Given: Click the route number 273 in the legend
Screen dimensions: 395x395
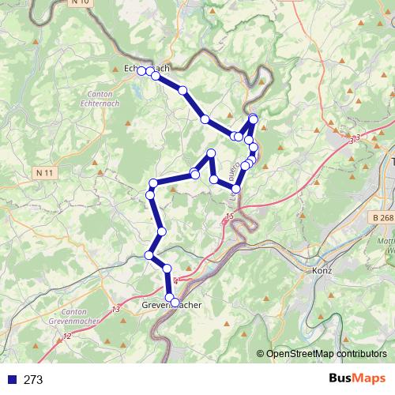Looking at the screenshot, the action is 33,380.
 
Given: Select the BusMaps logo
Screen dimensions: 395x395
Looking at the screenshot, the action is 358,379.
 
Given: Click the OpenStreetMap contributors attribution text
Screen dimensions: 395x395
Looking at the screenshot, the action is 327,355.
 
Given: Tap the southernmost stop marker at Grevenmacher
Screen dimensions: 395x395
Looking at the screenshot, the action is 175,303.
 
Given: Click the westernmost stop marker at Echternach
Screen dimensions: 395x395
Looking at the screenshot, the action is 142,71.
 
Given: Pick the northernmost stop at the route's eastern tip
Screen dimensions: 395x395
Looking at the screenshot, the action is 254,118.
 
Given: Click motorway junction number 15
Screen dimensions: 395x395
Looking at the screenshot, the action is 229,216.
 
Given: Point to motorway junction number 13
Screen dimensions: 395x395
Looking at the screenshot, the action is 116,308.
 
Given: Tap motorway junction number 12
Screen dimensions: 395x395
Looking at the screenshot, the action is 66,337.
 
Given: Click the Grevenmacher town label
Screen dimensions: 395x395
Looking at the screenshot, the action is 171,304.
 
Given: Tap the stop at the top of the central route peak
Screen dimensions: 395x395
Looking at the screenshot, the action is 211,152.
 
